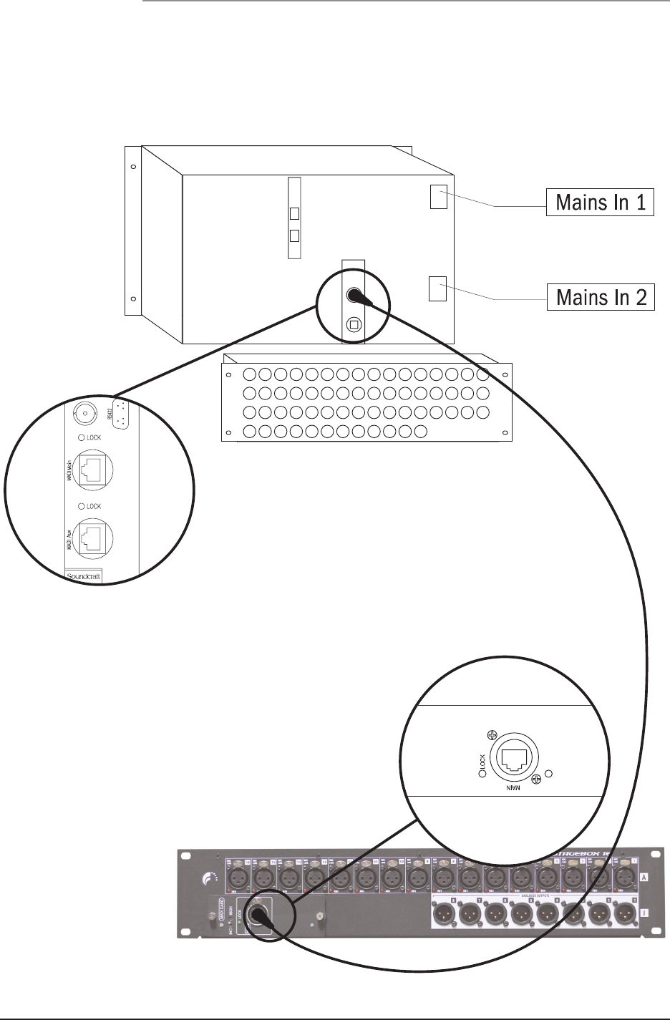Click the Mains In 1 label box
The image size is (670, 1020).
(601, 202)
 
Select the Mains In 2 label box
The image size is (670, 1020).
(601, 296)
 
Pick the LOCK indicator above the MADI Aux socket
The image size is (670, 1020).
(82, 506)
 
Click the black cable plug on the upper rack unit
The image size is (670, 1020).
(353, 295)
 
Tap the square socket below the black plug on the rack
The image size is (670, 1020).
(353, 324)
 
